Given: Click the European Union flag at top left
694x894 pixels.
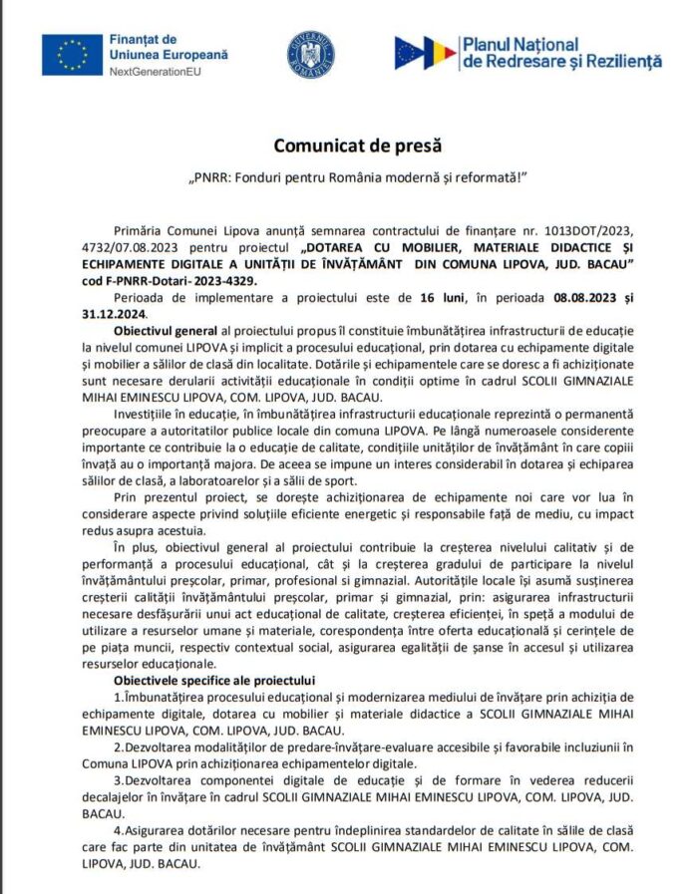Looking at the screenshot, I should tap(72, 55).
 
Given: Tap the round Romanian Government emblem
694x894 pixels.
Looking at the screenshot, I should tap(311, 55).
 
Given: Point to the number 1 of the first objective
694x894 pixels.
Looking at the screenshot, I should tap(117, 696).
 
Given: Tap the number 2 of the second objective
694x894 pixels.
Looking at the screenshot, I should tap(117, 746).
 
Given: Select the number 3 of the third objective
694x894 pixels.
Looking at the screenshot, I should tap(117, 780).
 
